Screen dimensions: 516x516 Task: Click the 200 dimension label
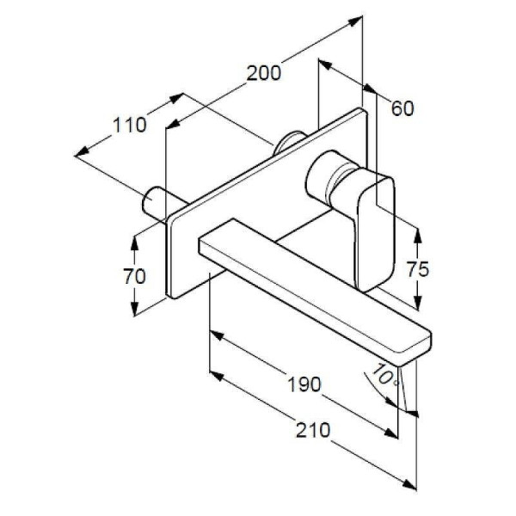[264, 73]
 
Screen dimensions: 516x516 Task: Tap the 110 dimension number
[129, 125]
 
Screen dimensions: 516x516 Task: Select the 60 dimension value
[402, 108]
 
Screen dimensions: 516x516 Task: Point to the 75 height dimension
[418, 269]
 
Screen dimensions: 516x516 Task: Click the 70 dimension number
[134, 276]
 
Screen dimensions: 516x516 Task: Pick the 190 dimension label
[304, 384]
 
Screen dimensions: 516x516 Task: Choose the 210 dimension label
[313, 430]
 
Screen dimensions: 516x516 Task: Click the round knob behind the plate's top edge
[289, 142]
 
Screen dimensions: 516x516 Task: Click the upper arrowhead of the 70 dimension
[134, 243]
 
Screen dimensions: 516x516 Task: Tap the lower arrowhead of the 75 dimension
[418, 302]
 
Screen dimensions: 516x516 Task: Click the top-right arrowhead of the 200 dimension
[355, 21]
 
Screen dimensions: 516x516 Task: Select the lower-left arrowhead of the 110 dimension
[82, 151]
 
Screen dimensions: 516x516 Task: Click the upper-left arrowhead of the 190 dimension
[218, 336]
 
